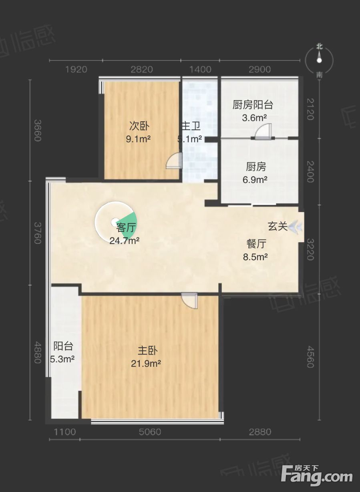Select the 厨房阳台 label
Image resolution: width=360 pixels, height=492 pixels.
[x=253, y=105]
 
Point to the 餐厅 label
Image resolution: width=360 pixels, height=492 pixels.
[x=256, y=243]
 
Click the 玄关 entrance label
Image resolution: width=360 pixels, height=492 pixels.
[x=278, y=226]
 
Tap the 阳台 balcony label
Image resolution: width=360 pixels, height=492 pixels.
[x=63, y=346]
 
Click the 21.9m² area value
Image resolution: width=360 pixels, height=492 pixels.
[x=146, y=364]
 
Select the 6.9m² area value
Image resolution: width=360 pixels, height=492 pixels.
[x=255, y=180]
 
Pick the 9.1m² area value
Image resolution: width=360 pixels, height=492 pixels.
[x=138, y=139]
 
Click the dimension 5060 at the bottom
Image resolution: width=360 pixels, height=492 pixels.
[x=150, y=432]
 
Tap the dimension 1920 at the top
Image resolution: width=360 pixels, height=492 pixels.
[x=76, y=69]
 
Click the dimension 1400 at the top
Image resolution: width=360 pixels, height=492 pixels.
[x=200, y=69]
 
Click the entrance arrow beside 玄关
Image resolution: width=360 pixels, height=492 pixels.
[x=296, y=227]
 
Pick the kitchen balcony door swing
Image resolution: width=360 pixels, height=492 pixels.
[x=263, y=131]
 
